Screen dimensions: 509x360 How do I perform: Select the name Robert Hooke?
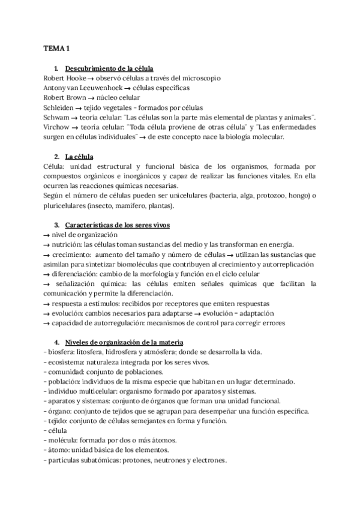coord(64,78)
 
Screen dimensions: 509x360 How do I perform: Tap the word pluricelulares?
coord(65,206)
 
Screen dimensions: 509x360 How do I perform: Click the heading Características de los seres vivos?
coord(118,225)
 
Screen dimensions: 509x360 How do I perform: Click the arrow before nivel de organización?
coord(47,235)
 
